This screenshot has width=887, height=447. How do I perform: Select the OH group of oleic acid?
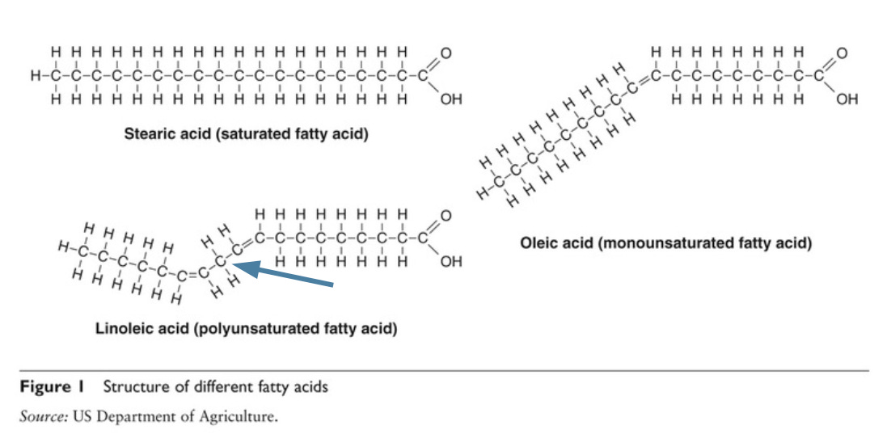pyautogui.click(x=847, y=102)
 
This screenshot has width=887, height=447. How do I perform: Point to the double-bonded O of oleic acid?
pyautogui.click(x=841, y=53)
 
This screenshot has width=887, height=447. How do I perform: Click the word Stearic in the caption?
pyautogui.click(x=148, y=134)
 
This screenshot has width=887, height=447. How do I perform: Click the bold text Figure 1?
pyautogui.click(x=56, y=386)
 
